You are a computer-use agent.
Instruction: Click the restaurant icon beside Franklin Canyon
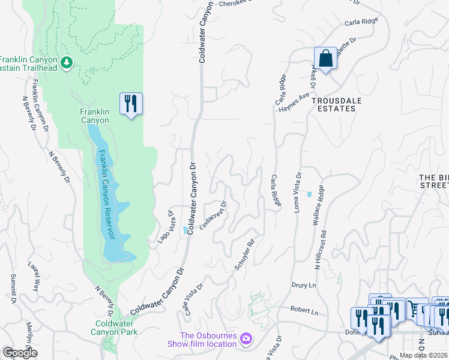point(131,104)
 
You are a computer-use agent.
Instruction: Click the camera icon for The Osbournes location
point(245,340)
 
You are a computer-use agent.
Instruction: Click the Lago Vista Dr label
point(165,227)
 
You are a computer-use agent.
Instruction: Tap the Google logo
point(20,353)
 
